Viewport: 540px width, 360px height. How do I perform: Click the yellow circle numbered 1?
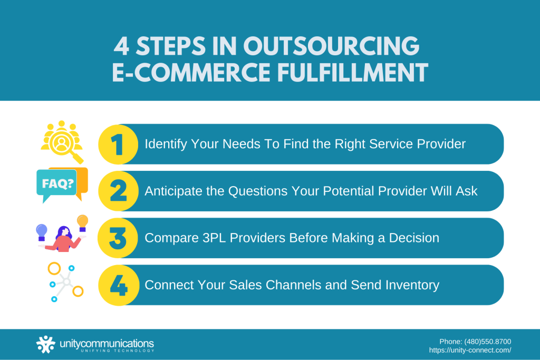[x=118, y=144]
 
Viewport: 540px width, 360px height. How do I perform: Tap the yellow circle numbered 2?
[x=118, y=191]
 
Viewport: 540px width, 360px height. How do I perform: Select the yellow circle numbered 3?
[x=118, y=238]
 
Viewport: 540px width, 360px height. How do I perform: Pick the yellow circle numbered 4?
[x=118, y=285]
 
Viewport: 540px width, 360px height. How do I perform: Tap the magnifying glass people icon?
[x=62, y=141]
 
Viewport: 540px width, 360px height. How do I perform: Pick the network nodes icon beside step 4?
[x=64, y=283]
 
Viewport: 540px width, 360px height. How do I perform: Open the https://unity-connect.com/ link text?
[x=470, y=349]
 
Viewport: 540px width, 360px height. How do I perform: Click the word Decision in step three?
[x=414, y=238]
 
